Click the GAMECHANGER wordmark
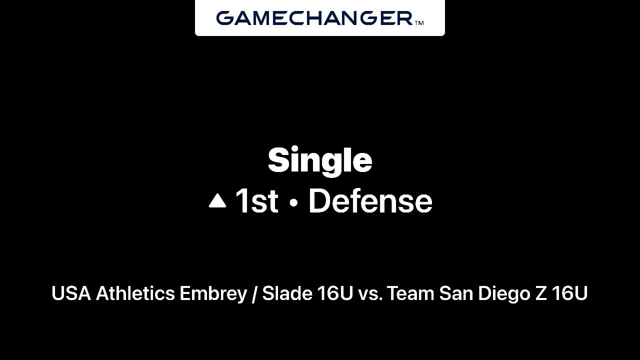(x=314, y=18)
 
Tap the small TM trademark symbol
(x=419, y=23)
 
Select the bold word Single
(x=320, y=160)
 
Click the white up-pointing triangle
(x=217, y=200)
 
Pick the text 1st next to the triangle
(x=256, y=201)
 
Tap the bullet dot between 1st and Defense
(x=293, y=202)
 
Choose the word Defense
(x=370, y=201)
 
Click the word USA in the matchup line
(x=71, y=293)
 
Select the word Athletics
(x=135, y=293)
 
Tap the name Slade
(x=287, y=293)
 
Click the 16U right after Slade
(x=335, y=293)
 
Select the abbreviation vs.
(x=370, y=295)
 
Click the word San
(x=456, y=293)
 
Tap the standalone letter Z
(x=541, y=293)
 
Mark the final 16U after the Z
(x=569, y=293)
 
